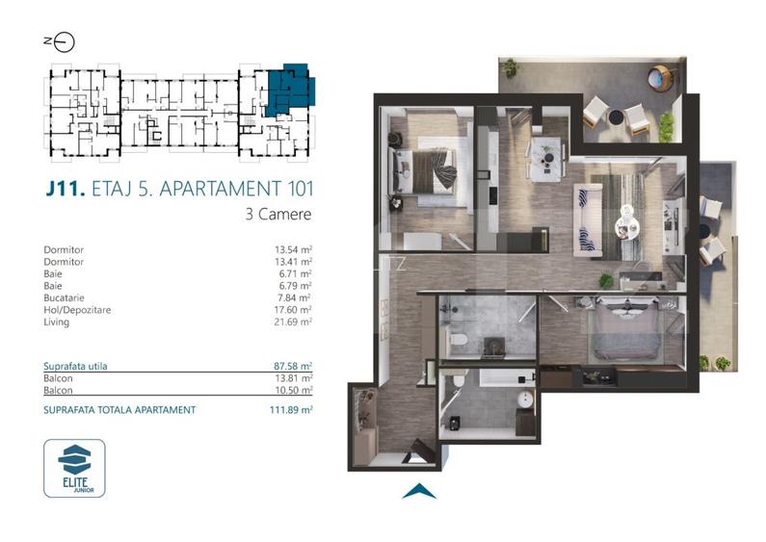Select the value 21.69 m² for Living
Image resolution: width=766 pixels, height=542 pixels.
tap(293, 321)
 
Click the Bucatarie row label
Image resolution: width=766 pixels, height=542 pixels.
tap(65, 297)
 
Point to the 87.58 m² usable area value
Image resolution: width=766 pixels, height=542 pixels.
tap(293, 367)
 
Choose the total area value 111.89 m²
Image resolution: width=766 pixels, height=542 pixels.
tap(292, 409)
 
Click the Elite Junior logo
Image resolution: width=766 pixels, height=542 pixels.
tap(75, 468)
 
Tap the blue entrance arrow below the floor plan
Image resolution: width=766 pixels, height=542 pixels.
tap(419, 491)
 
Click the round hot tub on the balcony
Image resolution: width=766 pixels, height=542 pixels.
tap(662, 77)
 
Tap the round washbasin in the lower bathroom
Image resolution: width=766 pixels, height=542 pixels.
tap(525, 399)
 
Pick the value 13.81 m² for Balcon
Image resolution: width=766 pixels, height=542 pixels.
tap(293, 378)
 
